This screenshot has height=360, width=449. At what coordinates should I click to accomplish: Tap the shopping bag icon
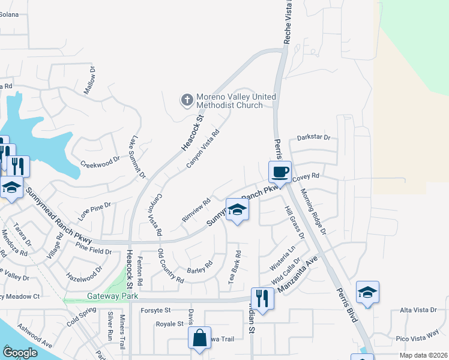[199, 337]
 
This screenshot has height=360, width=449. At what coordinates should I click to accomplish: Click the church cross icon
[187, 100]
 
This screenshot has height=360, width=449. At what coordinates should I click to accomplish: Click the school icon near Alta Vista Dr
[367, 293]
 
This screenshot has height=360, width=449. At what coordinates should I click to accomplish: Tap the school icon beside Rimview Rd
[238, 211]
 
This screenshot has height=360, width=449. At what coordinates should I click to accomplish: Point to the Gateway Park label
[113, 296]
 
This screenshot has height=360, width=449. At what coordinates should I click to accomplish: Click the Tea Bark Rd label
[234, 267]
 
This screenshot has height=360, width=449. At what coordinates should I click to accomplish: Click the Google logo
[20, 353]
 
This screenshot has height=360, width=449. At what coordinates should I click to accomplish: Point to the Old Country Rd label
[170, 266]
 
